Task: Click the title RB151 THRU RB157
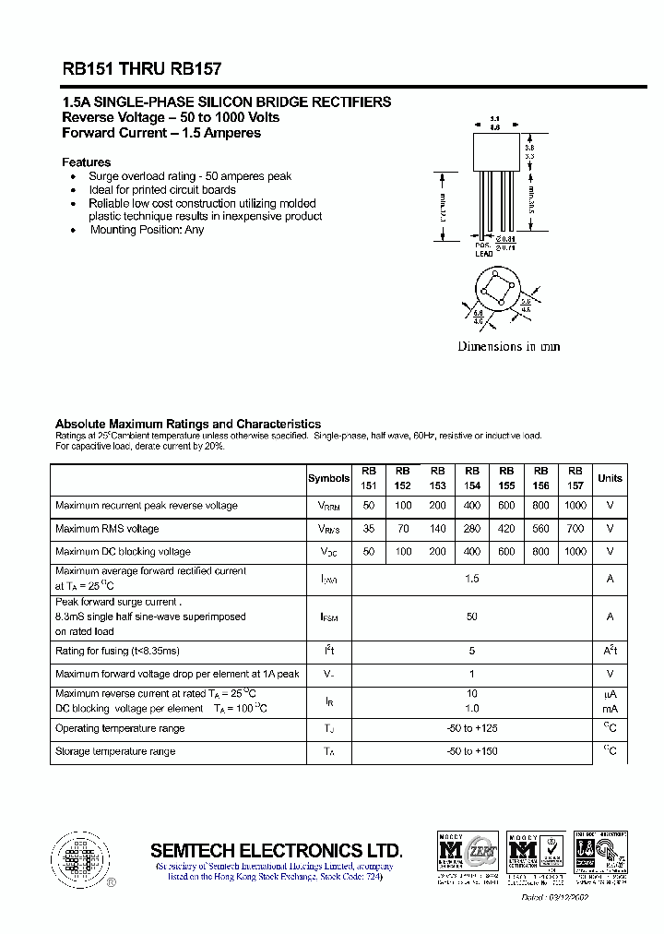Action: tap(141, 68)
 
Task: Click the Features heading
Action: tap(86, 162)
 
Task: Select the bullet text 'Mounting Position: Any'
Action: tap(147, 230)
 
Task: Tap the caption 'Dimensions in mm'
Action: tap(509, 347)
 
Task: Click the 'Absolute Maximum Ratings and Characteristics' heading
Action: tap(188, 424)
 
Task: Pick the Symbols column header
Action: tap(328, 478)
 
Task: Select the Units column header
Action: tap(610, 478)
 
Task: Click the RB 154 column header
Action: tap(472, 478)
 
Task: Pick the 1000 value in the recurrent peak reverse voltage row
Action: tap(575, 506)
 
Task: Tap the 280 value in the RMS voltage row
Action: tap(472, 529)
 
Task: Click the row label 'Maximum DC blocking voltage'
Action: tap(123, 552)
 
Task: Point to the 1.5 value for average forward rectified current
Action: tap(472, 578)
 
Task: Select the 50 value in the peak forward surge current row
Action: tap(472, 617)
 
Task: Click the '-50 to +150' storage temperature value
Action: tap(472, 752)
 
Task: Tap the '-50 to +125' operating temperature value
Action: tap(472, 729)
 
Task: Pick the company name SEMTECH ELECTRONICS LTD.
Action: tap(276, 850)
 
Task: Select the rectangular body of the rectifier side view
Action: tap(494, 150)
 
